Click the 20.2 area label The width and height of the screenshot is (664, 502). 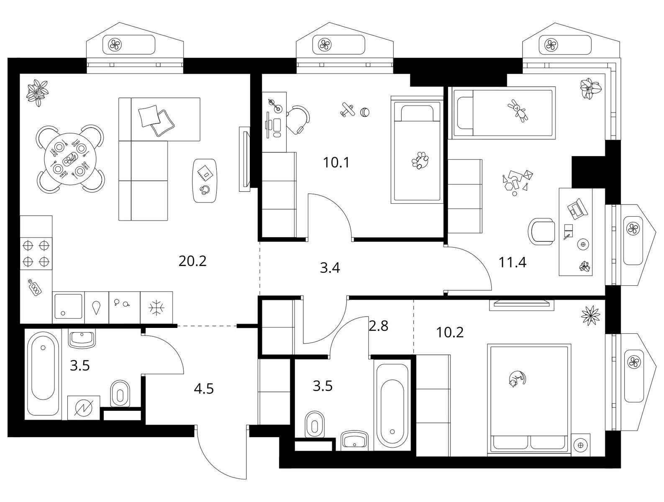pos(192,261)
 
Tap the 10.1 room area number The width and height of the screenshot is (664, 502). pos(336,163)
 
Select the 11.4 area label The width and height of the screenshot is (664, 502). pos(513,262)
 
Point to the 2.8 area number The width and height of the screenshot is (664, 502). pos(378,326)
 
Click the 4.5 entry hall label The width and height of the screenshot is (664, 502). pos(204,389)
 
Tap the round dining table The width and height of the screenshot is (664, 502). pos(70,159)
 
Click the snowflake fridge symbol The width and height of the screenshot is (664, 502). pos(156,307)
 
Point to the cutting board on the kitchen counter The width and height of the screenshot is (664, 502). pos(35,287)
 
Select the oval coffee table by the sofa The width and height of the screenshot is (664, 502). pos(205,181)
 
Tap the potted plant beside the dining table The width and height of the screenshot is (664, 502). pos(38,92)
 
